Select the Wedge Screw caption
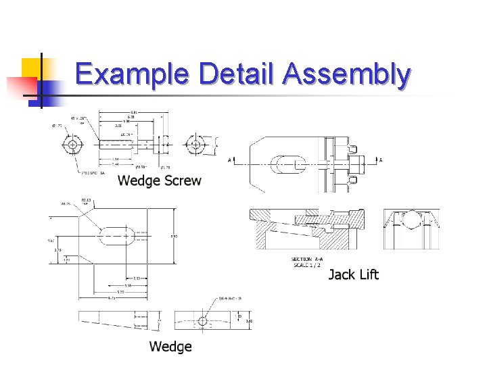tap(159, 180)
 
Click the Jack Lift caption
tap(353, 274)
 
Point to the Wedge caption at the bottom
tap(170, 347)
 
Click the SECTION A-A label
tap(307, 259)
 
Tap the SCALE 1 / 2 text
tap(307, 264)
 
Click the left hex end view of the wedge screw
tap(72, 145)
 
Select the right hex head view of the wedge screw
tap(196, 145)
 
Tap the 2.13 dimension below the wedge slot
tap(136, 278)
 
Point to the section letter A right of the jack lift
tap(380, 160)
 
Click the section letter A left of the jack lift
tap(231, 161)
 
